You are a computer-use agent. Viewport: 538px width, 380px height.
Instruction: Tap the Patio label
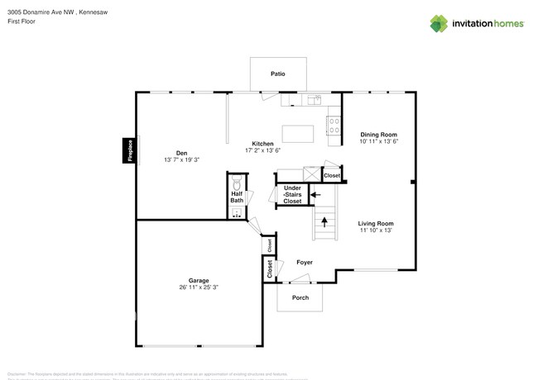point(278,74)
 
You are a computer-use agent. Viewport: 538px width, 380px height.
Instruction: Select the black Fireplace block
point(129,150)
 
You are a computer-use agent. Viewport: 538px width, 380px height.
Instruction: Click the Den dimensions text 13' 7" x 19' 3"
point(181,159)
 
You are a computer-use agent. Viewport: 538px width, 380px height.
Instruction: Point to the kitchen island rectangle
point(298,133)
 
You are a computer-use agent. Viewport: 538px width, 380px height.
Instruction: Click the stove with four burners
point(335,126)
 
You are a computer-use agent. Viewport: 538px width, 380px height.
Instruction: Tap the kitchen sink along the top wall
point(314,100)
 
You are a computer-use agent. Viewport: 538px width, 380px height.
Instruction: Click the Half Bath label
point(237,197)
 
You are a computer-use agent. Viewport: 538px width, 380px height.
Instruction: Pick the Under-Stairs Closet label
point(292,195)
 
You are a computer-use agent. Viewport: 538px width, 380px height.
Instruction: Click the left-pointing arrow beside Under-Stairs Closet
point(315,194)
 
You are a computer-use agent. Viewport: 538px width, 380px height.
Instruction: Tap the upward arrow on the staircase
point(324,221)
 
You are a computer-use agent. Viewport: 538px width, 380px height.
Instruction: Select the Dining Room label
point(378,135)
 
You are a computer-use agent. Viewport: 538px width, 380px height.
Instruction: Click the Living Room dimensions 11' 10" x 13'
point(375,230)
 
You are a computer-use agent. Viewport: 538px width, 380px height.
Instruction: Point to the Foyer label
point(304,263)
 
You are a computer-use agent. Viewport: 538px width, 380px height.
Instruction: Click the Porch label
point(300,298)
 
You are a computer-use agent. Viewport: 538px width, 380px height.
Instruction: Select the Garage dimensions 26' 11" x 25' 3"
point(198,287)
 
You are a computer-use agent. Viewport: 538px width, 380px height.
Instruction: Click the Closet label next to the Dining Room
point(331,176)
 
